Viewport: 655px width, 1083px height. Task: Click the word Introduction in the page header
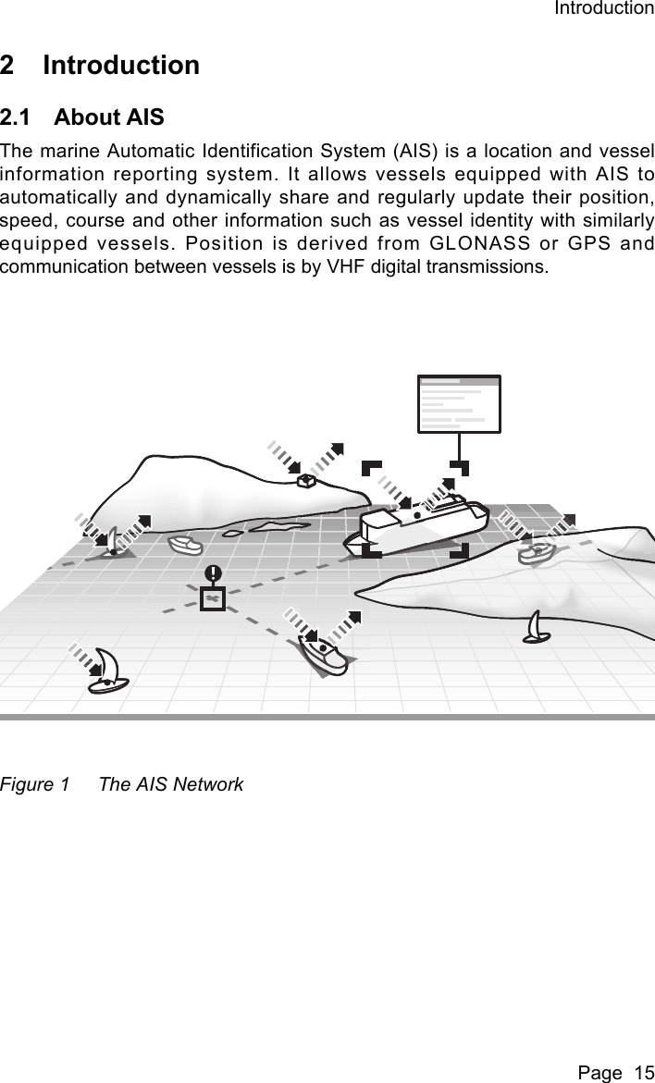point(603,9)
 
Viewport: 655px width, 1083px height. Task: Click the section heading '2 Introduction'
point(100,66)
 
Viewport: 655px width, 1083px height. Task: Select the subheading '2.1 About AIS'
point(82,117)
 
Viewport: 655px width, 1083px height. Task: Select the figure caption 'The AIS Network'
point(171,784)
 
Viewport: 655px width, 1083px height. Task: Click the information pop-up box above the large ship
point(459,404)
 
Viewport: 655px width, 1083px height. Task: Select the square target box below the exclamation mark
point(213,599)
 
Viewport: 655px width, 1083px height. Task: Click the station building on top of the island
point(306,480)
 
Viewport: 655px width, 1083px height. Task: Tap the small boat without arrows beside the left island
point(185,545)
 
